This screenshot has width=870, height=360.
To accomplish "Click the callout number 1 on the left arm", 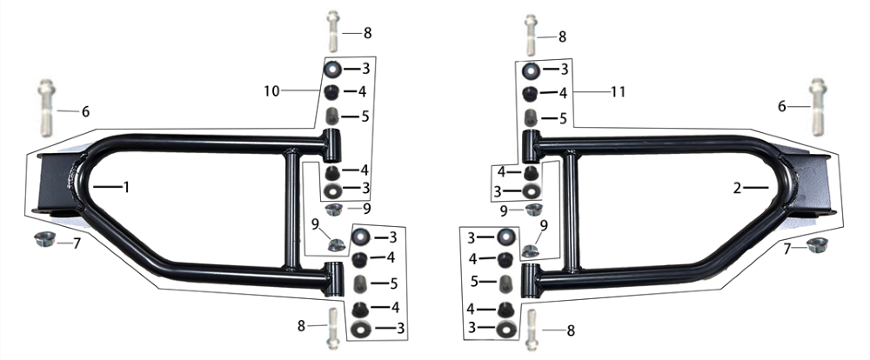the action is click(x=126, y=188).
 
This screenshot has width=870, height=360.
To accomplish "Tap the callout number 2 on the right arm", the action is click(x=737, y=189).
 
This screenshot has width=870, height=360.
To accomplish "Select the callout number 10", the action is click(x=271, y=91).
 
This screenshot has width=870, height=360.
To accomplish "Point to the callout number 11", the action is click(x=618, y=91).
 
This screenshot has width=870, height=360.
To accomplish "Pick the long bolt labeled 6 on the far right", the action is click(x=817, y=106).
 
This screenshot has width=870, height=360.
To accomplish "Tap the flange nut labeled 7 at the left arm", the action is click(x=43, y=239).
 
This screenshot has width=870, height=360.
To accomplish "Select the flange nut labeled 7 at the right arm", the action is click(x=817, y=244).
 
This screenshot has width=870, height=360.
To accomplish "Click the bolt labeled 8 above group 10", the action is click(x=333, y=31).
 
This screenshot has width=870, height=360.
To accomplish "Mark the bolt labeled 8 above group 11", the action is click(x=531, y=35).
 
